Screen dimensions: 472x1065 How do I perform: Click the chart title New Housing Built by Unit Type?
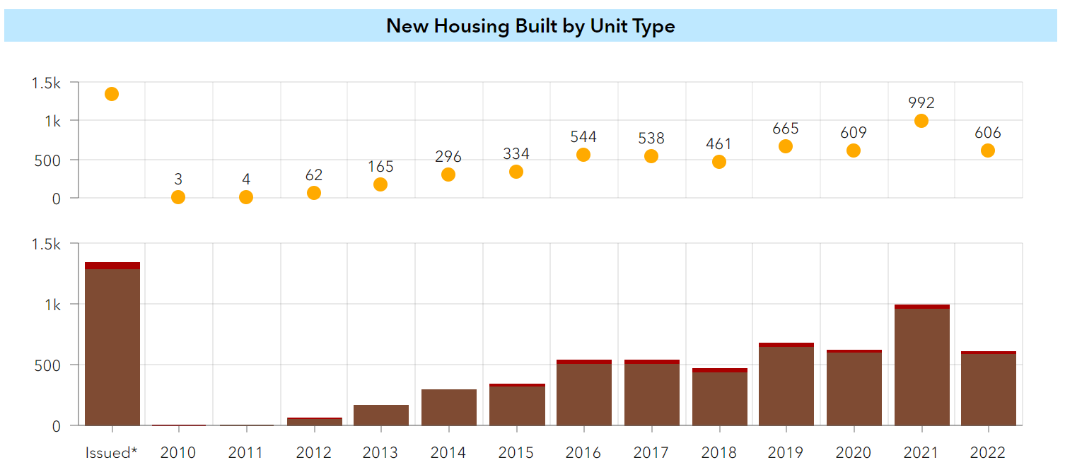click(530, 26)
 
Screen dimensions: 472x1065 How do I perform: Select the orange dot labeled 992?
click(921, 121)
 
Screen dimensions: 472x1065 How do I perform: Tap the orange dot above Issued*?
click(112, 94)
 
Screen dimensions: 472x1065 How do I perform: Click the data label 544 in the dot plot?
click(583, 137)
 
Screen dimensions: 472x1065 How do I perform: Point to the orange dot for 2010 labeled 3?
click(178, 197)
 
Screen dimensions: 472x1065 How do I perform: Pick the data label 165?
click(380, 167)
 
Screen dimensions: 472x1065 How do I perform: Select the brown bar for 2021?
click(921, 367)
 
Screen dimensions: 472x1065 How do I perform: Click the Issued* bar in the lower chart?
click(112, 346)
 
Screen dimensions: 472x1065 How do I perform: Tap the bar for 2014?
click(448, 408)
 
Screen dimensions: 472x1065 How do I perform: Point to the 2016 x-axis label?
click(583, 452)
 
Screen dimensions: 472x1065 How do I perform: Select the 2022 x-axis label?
click(988, 452)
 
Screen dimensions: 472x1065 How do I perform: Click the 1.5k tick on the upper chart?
click(46, 83)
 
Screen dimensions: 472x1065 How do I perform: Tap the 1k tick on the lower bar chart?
click(53, 305)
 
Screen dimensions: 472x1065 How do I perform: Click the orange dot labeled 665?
click(785, 146)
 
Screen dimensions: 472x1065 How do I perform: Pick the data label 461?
click(718, 144)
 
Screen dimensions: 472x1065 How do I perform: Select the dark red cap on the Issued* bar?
click(112, 266)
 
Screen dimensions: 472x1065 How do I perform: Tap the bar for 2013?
click(380, 415)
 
